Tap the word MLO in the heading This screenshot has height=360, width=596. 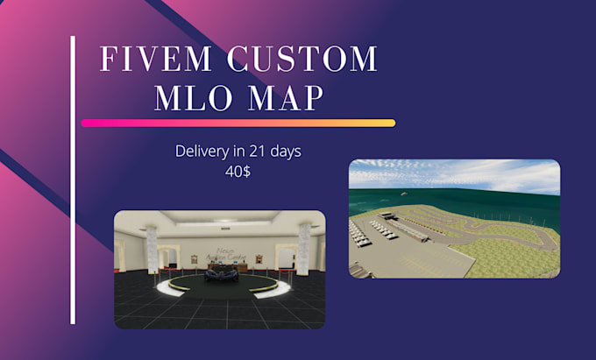[193, 97]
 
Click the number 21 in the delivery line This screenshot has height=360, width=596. [252, 151]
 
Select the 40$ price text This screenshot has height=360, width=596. [238, 172]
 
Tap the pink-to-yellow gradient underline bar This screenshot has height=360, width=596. [238, 124]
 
